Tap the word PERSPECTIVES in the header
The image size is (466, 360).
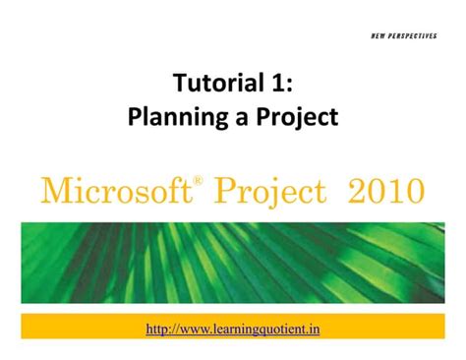pyautogui.click(x=421, y=35)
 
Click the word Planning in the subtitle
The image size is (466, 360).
pyautogui.click(x=171, y=117)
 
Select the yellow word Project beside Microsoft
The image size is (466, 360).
pyautogui.click(x=264, y=189)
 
